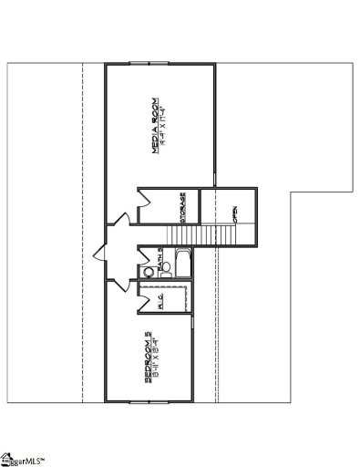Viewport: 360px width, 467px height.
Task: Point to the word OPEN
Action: pos(235,215)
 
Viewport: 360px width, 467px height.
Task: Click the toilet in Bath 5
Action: pos(146,271)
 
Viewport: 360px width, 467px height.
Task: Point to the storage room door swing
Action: pos(146,210)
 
